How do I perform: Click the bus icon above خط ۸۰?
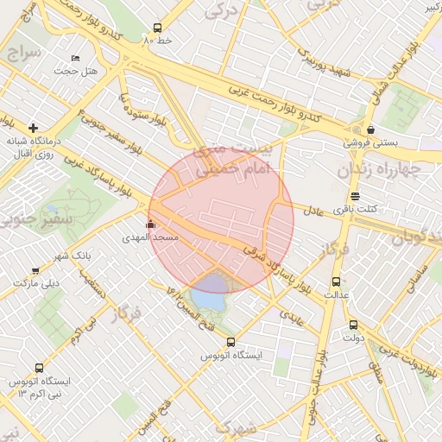[x=156, y=28]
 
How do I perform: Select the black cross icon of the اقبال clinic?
[x=33, y=128]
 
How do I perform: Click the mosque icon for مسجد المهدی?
[x=151, y=224]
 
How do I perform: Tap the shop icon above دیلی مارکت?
[x=35, y=271]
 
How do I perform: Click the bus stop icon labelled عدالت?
[x=336, y=281]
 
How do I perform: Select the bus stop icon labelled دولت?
[x=353, y=325]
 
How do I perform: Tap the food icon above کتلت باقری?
[x=355, y=196]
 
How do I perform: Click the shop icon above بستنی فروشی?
[x=370, y=129]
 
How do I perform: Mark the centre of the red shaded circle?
[x=221, y=221]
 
